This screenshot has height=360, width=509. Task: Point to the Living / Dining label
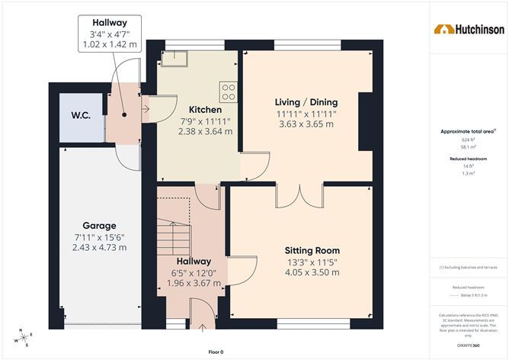click(306, 102)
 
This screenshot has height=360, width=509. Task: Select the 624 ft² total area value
click(468, 140)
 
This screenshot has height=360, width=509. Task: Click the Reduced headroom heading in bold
click(468, 159)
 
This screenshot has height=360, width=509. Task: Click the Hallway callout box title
click(110, 23)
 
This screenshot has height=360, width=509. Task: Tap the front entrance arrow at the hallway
click(203, 329)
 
